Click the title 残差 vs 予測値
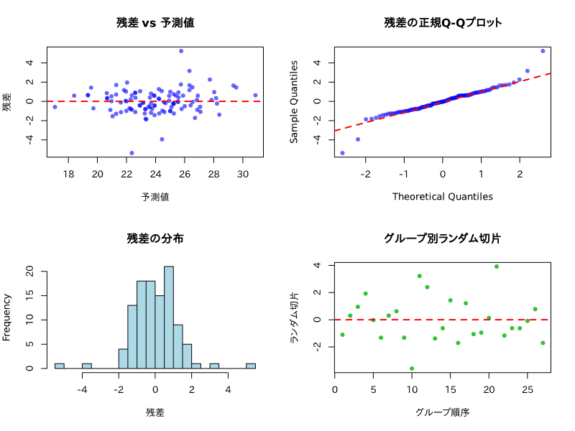coord(155,22)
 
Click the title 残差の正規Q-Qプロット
coord(443,22)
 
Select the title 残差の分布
coord(155,238)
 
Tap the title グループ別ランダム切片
coord(443,238)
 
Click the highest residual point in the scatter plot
coord(181,51)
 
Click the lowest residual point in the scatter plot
coord(132,153)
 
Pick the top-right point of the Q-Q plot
coord(543,51)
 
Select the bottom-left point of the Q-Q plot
coord(342,153)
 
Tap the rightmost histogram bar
coord(251,366)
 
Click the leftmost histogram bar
coord(60,366)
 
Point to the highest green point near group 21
coord(497,267)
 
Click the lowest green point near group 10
coord(412,369)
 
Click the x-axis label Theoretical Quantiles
coord(443,196)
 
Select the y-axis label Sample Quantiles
coord(295,101)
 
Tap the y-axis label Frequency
coord(7,317)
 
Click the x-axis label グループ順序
coord(443,412)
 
